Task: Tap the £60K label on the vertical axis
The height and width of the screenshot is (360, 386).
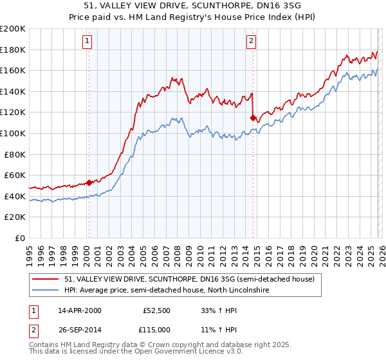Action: coord(15,175)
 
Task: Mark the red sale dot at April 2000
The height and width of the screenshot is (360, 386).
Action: coord(89,183)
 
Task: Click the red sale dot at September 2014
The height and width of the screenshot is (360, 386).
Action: coord(253,117)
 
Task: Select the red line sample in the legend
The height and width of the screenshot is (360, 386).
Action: coord(46,280)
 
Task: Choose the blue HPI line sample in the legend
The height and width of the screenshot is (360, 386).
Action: coord(46,291)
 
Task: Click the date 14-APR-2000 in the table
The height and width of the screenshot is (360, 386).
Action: coord(80,310)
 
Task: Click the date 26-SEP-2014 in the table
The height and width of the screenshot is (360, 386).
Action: coord(80,330)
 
